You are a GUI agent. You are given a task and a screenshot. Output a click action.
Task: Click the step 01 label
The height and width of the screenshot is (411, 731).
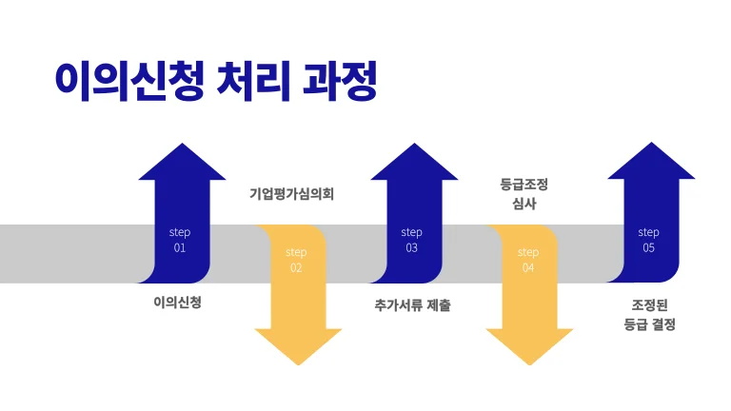coord(180,240)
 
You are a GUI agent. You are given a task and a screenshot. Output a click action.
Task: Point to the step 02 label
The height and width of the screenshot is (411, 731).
coord(296,260)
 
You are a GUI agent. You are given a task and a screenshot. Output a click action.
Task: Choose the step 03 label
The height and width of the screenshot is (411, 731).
coord(411,240)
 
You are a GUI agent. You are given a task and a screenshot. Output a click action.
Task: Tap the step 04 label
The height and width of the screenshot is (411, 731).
coord(528,260)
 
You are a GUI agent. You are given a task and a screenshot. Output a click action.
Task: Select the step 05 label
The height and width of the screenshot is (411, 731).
coord(648,240)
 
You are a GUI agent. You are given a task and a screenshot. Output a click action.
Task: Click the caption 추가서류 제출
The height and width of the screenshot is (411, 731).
coord(413,306)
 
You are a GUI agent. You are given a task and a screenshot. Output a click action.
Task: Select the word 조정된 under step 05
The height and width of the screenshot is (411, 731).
coord(648,304)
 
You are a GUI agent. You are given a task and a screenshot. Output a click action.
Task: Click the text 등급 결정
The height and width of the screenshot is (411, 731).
coord(648,324)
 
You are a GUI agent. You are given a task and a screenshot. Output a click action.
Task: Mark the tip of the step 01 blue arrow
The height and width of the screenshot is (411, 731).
coord(182,145)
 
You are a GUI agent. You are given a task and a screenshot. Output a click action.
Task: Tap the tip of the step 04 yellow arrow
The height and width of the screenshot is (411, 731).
coord(529,365)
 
